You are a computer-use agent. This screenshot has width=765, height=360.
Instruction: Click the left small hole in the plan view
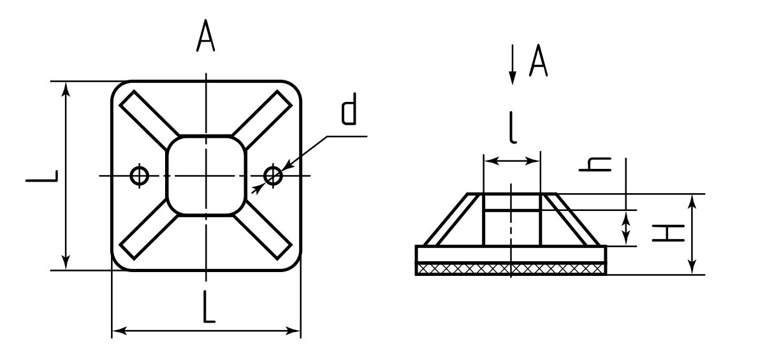(140, 175)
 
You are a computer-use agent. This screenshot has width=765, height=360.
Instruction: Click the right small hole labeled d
(273, 175)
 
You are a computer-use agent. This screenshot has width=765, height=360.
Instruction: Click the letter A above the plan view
(205, 38)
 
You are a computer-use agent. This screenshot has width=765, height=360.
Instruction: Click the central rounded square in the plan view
(206, 175)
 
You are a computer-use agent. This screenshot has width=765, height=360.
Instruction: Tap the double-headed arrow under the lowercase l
(512, 162)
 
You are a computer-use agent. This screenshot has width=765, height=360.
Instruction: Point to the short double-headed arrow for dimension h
(628, 228)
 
